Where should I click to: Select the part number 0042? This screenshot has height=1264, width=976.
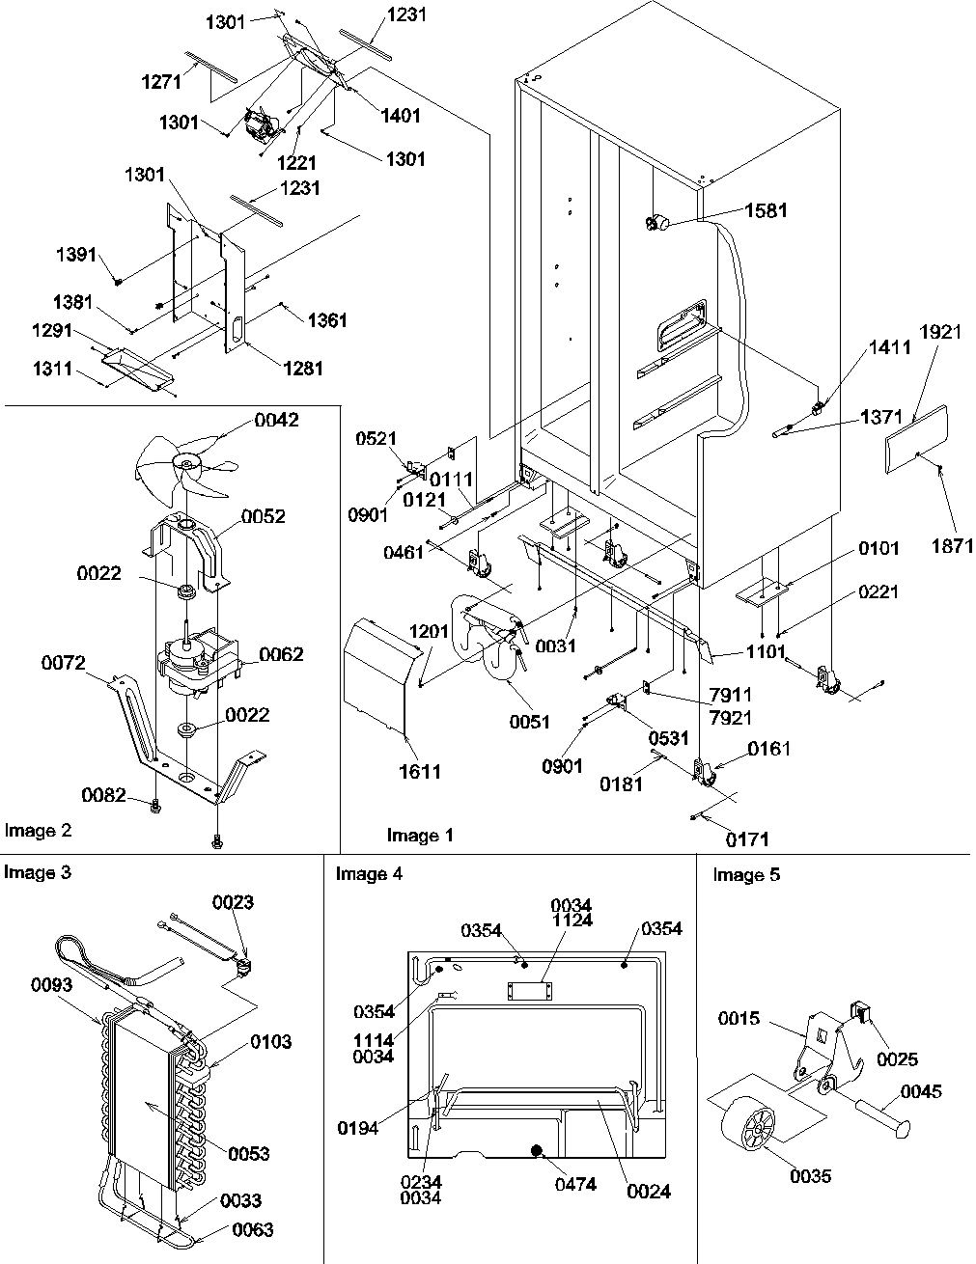[x=276, y=420]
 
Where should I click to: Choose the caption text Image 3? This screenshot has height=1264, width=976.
[x=37, y=873]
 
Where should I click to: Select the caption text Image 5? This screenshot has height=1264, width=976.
[x=746, y=875]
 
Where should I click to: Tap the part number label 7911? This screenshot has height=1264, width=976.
[x=731, y=695]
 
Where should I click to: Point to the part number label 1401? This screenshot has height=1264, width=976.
[x=401, y=115]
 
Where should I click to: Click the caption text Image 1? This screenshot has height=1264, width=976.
[x=420, y=835]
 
